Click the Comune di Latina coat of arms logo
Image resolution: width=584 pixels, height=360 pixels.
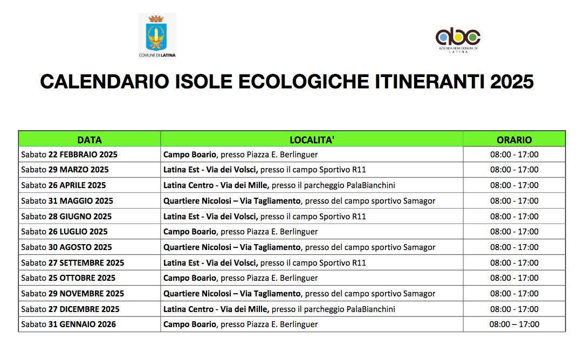(x=157, y=33)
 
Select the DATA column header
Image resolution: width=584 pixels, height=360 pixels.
(x=90, y=140)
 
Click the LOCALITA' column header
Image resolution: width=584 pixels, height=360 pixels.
(x=312, y=140)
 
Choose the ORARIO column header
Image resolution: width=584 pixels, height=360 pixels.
(x=514, y=140)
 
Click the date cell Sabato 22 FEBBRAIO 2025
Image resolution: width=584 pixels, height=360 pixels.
(x=69, y=155)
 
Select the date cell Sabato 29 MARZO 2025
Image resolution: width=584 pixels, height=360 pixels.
(x=65, y=170)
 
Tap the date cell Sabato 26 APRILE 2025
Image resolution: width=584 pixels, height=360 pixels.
(x=64, y=185)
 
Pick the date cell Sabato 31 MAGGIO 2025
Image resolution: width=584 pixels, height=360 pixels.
(x=67, y=201)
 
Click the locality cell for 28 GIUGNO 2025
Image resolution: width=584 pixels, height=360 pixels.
(x=265, y=217)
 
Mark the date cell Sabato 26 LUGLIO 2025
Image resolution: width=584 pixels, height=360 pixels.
(x=64, y=232)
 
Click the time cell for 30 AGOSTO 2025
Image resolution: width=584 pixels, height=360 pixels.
(x=514, y=247)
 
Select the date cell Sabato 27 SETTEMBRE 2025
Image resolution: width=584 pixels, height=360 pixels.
(x=72, y=263)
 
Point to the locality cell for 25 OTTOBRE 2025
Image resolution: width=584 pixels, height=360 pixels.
(x=241, y=278)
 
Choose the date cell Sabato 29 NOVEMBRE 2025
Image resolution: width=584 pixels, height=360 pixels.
(x=72, y=294)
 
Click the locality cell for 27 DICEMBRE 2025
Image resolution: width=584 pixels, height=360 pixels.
(x=279, y=309)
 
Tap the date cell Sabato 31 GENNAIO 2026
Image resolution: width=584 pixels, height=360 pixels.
(x=68, y=324)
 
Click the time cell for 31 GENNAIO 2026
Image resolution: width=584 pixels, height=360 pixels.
(x=514, y=324)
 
